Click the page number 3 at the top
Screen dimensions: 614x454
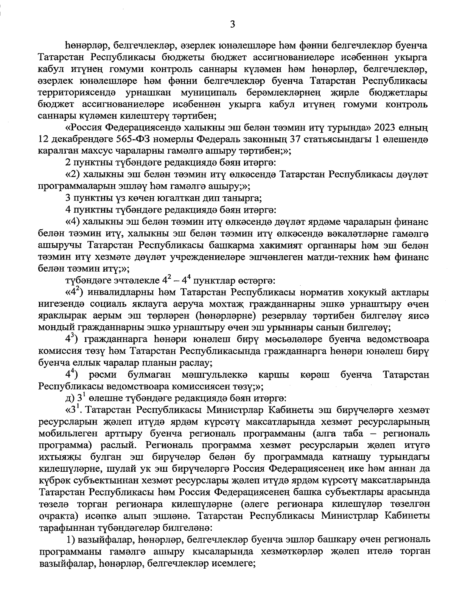[232, 25]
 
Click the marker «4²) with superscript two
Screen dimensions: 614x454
[75, 292]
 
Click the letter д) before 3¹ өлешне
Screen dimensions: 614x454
[70, 398]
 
